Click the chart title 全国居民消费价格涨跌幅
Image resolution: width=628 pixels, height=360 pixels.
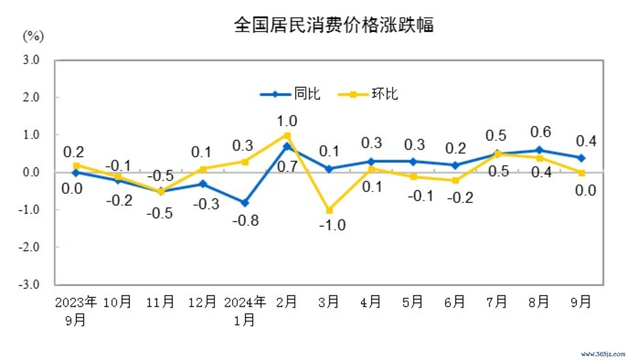pos(334,25)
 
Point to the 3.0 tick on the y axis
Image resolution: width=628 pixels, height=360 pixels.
pos(31,60)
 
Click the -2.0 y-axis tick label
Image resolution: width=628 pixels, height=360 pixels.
pos(29,247)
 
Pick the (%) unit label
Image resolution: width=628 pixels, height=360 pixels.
pos(34,37)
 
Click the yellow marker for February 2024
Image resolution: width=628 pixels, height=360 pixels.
pos(287,136)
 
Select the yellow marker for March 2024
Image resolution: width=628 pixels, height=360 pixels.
pos(329,210)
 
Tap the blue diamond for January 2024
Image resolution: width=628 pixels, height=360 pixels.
pos(245,203)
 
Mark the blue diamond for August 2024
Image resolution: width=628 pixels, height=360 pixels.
pos(539,150)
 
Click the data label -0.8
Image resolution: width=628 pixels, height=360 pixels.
pos(246,220)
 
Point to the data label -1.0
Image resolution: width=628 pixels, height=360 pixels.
pos(332,225)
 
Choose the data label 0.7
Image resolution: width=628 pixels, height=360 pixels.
pos(287,167)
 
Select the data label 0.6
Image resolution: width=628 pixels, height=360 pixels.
pos(540,132)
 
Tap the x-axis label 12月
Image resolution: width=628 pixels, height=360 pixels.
pos(202,302)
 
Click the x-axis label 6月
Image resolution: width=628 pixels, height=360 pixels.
pos(455,302)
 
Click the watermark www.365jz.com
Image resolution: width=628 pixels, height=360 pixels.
pos(603,354)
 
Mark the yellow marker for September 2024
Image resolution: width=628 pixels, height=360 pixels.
pos(582,173)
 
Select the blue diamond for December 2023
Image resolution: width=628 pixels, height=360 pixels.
pos(203,184)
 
